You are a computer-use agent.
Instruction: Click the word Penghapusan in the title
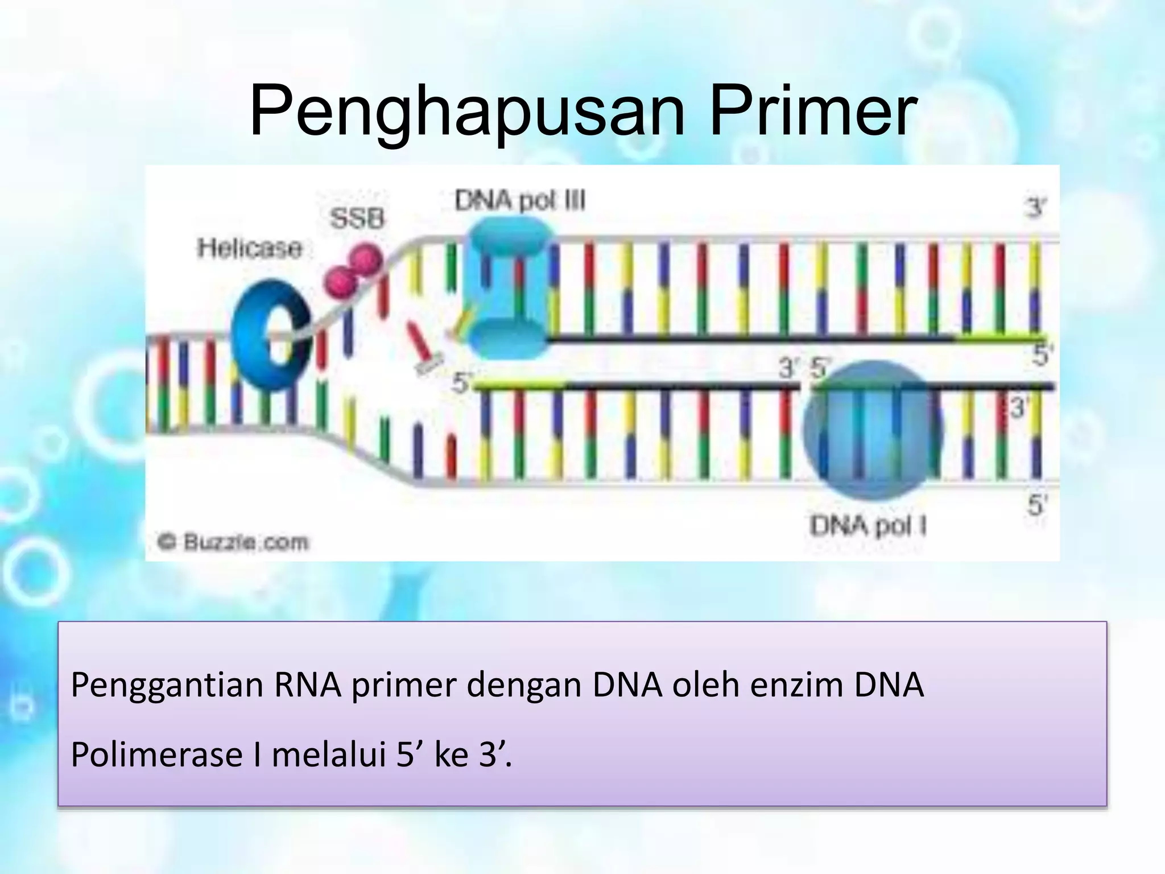[x=466, y=111]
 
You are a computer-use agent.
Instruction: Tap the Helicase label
[x=249, y=248]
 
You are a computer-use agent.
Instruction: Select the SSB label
[x=357, y=218]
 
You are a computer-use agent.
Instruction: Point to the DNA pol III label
[x=519, y=201]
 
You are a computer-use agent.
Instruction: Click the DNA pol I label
[x=867, y=526]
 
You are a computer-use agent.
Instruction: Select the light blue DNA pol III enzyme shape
[x=506, y=290]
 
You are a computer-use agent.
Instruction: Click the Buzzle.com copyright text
[x=233, y=542]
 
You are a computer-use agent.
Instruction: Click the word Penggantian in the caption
[x=168, y=686]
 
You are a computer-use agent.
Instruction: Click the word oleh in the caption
[x=705, y=685]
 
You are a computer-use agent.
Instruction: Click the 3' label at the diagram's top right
[x=1035, y=208]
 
